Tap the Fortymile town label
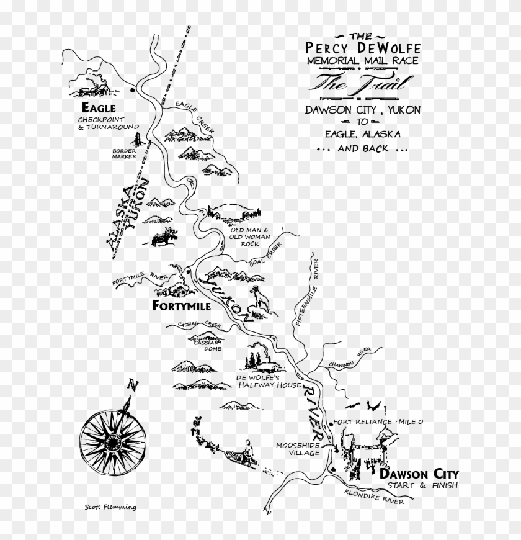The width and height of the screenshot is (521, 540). pyautogui.click(x=182, y=307)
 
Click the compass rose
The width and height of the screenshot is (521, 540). pyautogui.click(x=113, y=442)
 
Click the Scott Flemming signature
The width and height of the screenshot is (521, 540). pyautogui.click(x=110, y=506)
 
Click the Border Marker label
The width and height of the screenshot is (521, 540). pyautogui.click(x=124, y=153)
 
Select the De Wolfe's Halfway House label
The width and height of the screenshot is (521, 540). pyautogui.click(x=260, y=380)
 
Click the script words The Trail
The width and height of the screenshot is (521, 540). pyautogui.click(x=346, y=83)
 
